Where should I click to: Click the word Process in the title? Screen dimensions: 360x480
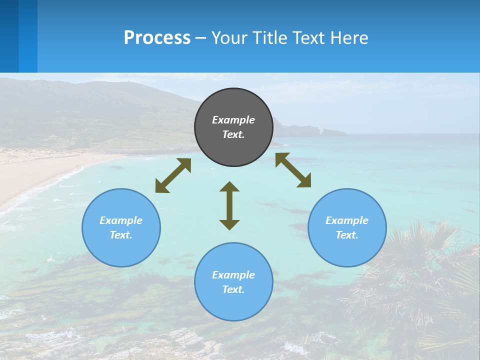(157, 38)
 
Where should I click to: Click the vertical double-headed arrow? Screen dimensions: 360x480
(229, 205)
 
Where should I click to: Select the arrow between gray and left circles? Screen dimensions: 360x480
(173, 175)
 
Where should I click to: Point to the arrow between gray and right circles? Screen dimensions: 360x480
(293, 170)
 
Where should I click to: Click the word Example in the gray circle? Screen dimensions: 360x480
(233, 120)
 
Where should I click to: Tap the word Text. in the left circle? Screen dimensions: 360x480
(121, 235)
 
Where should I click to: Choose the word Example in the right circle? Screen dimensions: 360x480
(347, 220)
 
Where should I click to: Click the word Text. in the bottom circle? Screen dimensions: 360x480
(233, 289)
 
